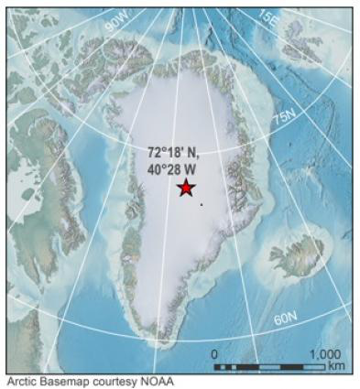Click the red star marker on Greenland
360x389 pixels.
[186, 188]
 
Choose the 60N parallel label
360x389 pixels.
[286, 318]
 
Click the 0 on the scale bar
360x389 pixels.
[215, 354]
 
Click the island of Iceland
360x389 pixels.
[297, 254]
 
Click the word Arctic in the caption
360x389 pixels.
[22, 382]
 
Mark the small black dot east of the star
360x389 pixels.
[201, 204]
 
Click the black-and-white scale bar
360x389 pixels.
[269, 366]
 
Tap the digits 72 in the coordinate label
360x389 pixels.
[154, 153]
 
